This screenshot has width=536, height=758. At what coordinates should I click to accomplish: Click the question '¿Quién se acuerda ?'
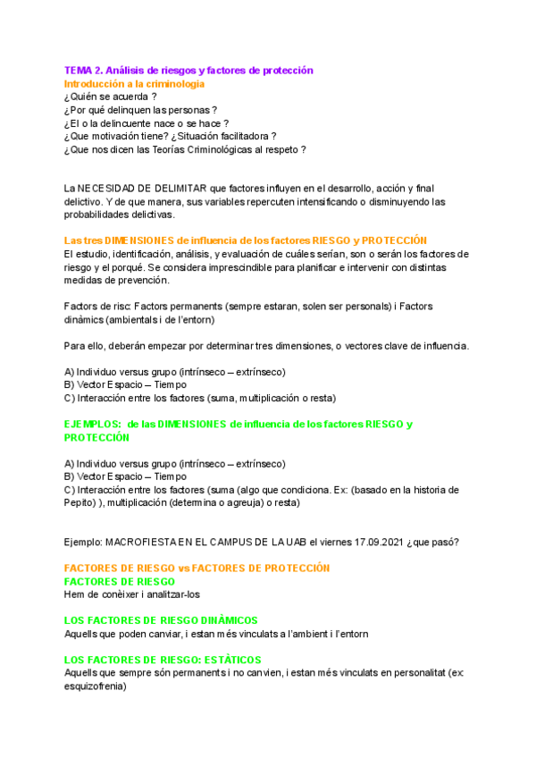[x=110, y=97]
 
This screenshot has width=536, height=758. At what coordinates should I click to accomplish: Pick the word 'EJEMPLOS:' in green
[x=93, y=425]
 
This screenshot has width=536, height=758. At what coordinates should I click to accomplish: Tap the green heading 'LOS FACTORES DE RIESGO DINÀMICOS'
[x=162, y=620]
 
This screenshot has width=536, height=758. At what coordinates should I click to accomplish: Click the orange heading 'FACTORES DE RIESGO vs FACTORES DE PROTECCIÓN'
[x=197, y=568]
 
